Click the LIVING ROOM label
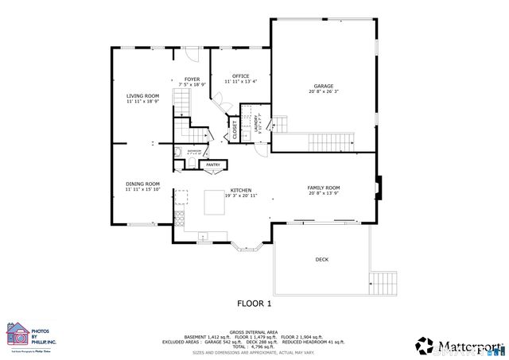tap(142, 95)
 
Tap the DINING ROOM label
tap(142, 184)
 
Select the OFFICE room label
tap(240, 76)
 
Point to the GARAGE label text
tap(323, 86)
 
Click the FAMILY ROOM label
tap(323, 188)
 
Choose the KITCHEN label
tap(241, 190)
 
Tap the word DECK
tap(321, 259)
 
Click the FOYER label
tap(192, 79)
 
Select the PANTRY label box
tap(213, 165)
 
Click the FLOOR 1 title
tap(254, 303)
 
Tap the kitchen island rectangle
tap(216, 202)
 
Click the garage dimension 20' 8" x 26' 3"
tap(323, 91)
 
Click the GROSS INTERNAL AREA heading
tap(254, 332)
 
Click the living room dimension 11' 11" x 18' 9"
tap(142, 101)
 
